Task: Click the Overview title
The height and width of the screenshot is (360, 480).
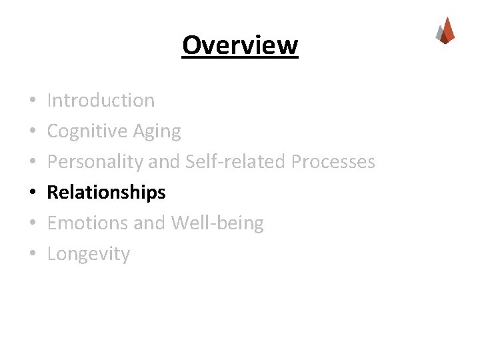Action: (240, 45)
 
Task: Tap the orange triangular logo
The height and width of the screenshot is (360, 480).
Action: (445, 31)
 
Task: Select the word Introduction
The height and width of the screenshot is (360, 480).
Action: (101, 101)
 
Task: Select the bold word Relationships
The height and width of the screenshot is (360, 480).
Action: (107, 193)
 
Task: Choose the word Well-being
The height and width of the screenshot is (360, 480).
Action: (217, 223)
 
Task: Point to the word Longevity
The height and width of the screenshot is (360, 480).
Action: (89, 254)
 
